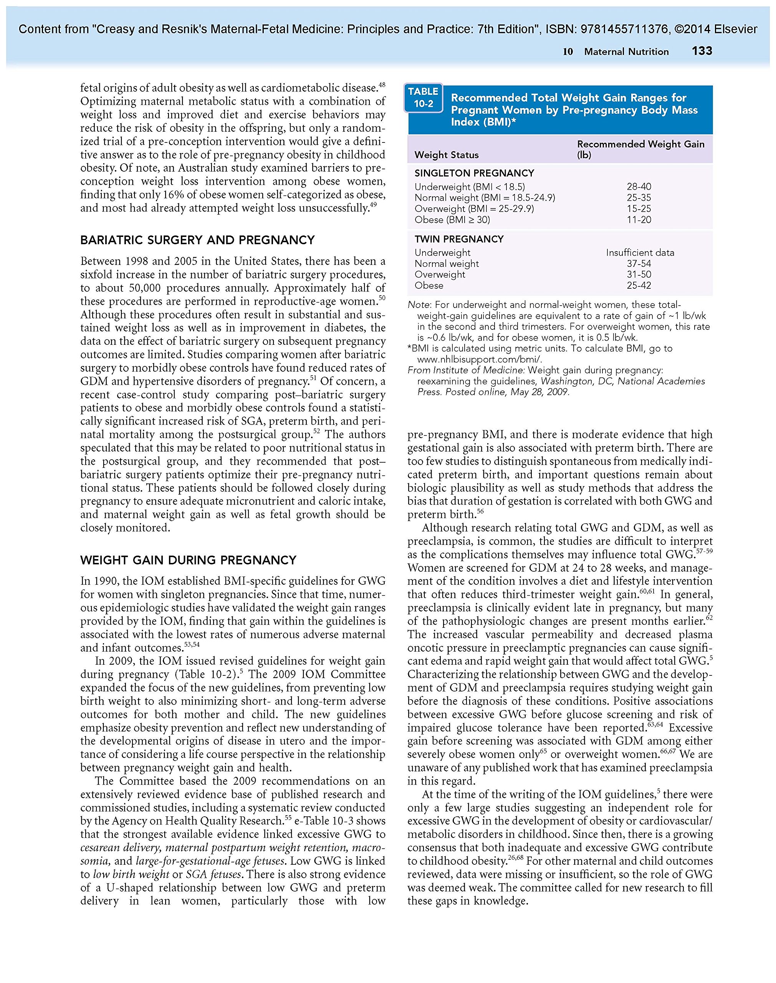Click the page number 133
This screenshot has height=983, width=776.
[702, 51]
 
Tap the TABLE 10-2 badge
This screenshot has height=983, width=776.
[423, 98]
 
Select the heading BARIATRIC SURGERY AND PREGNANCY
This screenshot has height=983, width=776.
[197, 240]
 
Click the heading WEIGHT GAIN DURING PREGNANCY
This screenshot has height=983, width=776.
[188, 560]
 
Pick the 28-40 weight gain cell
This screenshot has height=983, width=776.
[639, 187]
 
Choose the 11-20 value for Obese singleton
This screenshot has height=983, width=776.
[639, 220]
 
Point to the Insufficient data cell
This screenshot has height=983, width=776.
[640, 253]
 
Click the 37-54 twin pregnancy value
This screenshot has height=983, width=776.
[639, 263]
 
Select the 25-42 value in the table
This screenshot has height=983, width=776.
[639, 286]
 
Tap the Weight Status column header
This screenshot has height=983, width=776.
[446, 155]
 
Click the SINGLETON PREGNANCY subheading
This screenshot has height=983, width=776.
[474, 173]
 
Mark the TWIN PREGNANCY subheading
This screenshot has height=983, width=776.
[459, 239]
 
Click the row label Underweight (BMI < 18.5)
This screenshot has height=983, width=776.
[469, 187]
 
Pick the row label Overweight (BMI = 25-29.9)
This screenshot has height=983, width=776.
[474, 209]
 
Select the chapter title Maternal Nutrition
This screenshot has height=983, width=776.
[626, 52]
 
